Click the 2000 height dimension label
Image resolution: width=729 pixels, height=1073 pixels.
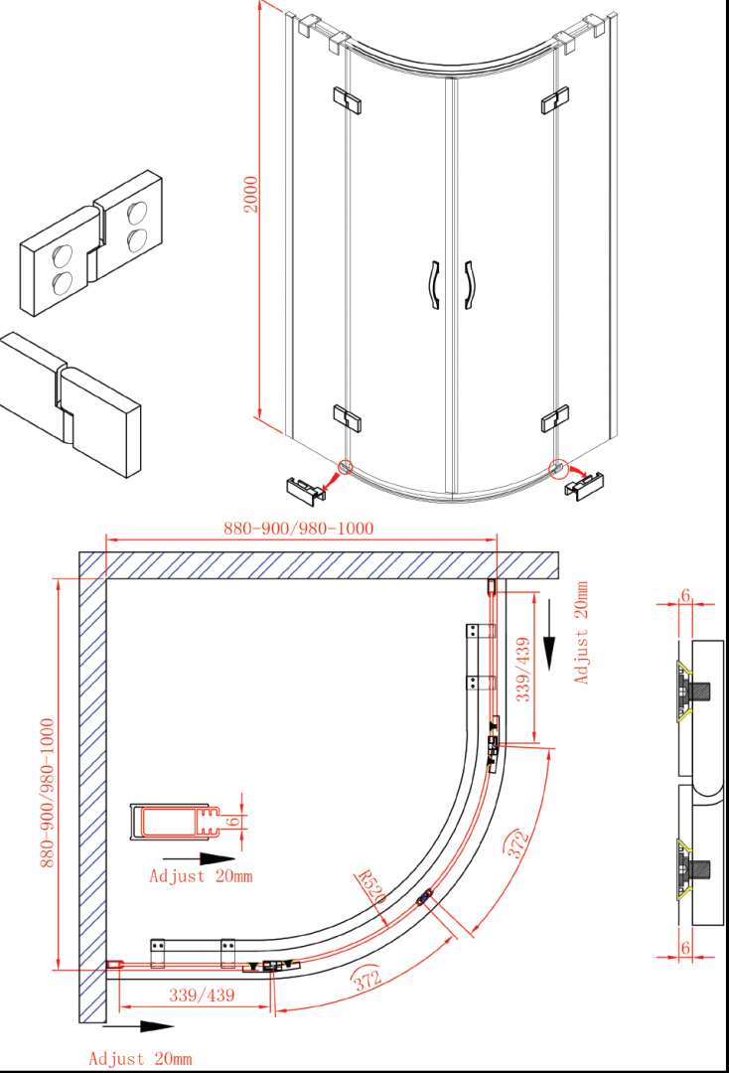(x=251, y=195)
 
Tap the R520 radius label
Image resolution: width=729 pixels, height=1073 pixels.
(x=371, y=887)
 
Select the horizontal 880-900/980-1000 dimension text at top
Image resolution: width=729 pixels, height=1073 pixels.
(x=299, y=529)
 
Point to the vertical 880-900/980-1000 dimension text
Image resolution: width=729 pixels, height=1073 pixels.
(x=48, y=793)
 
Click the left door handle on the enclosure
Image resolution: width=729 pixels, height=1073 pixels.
(x=434, y=285)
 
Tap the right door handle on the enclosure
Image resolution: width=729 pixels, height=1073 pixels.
(x=469, y=285)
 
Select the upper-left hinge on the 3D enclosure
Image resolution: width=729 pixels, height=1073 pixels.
(x=348, y=99)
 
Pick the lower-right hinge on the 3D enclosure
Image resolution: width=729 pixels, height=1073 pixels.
(x=554, y=418)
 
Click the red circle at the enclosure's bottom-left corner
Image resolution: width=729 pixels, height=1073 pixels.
(x=346, y=467)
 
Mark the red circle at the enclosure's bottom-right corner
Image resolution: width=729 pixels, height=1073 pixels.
(x=558, y=467)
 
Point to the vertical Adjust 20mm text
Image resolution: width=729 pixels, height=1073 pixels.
(x=581, y=632)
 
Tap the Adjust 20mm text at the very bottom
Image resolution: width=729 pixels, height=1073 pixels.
(x=140, y=1059)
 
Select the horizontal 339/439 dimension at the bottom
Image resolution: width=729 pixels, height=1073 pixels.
(x=202, y=995)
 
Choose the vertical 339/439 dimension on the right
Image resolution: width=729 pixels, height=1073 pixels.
(x=523, y=670)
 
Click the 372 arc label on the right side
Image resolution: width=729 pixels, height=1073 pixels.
(x=517, y=843)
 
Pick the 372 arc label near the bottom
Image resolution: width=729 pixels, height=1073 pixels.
(x=366, y=980)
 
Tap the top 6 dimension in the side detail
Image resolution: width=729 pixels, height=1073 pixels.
(x=685, y=596)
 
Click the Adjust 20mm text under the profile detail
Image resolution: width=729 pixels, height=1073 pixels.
(x=201, y=876)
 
